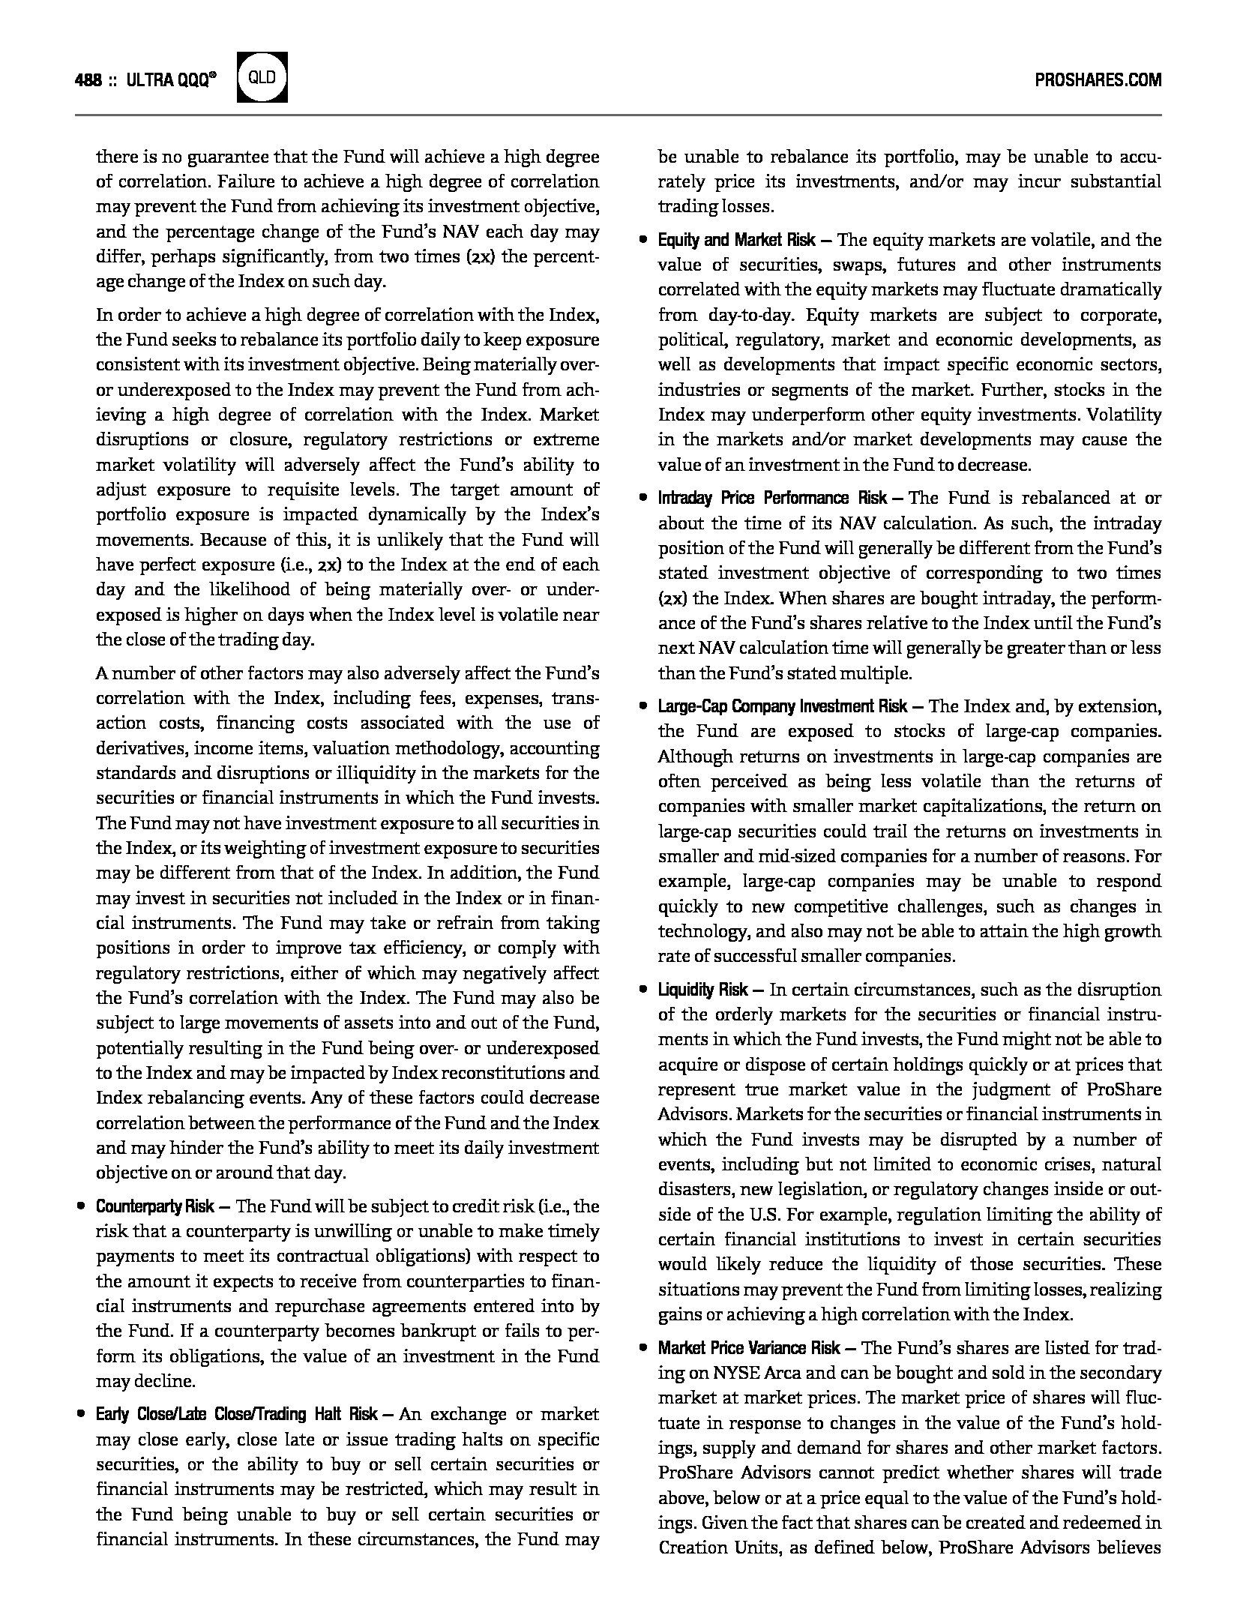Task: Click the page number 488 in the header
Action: [x=88, y=80]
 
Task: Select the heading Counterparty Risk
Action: [x=155, y=1206]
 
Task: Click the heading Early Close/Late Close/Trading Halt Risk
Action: [x=236, y=1415]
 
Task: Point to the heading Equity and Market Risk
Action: [x=736, y=241]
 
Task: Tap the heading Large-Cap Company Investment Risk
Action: [x=783, y=706]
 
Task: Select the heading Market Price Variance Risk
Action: [x=749, y=1348]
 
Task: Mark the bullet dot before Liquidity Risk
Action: [x=642, y=990]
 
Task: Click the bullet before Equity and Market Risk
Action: [x=642, y=241]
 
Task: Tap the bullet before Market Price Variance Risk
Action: [x=642, y=1348]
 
